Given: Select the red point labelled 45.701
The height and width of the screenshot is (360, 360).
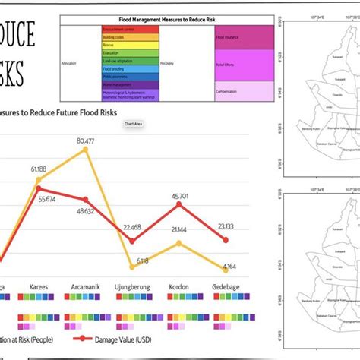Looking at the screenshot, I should tap(179, 204).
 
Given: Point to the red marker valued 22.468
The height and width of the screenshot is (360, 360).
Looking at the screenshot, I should tap(132, 241).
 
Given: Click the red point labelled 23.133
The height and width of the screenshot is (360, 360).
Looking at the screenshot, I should tap(226, 239).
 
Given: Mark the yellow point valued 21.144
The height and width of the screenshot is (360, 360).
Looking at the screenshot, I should tap(179, 243).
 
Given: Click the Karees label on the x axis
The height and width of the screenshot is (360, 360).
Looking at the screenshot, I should tap(39, 288).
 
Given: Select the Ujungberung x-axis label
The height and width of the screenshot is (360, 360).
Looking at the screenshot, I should tap(132, 288).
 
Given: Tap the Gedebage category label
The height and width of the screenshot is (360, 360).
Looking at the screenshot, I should tap(226, 288).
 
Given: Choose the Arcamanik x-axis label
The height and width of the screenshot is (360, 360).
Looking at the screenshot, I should tap(85, 288).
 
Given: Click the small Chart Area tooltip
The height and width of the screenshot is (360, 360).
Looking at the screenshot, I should tap(134, 123).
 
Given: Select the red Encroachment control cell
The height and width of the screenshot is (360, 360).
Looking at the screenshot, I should tap(119, 27).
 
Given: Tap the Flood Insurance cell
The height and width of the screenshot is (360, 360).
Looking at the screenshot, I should tap(244, 36).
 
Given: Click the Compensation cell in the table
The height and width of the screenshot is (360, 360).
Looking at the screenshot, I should tap(244, 93).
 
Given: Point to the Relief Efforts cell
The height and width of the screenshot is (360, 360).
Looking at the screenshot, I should tap(244, 65).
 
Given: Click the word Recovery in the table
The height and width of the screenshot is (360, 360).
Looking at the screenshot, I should tap(168, 64).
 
